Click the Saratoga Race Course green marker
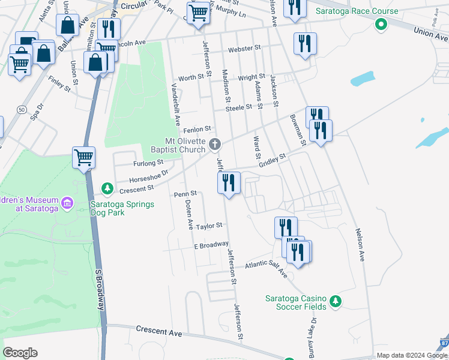point(379,25)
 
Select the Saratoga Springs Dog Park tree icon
point(107,190)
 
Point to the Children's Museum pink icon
point(67,204)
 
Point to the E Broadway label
point(211,245)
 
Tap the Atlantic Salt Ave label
point(266,268)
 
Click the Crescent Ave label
point(158,331)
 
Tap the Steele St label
point(238,108)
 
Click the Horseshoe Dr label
point(149,175)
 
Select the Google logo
point(20,353)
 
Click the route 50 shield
point(22,110)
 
